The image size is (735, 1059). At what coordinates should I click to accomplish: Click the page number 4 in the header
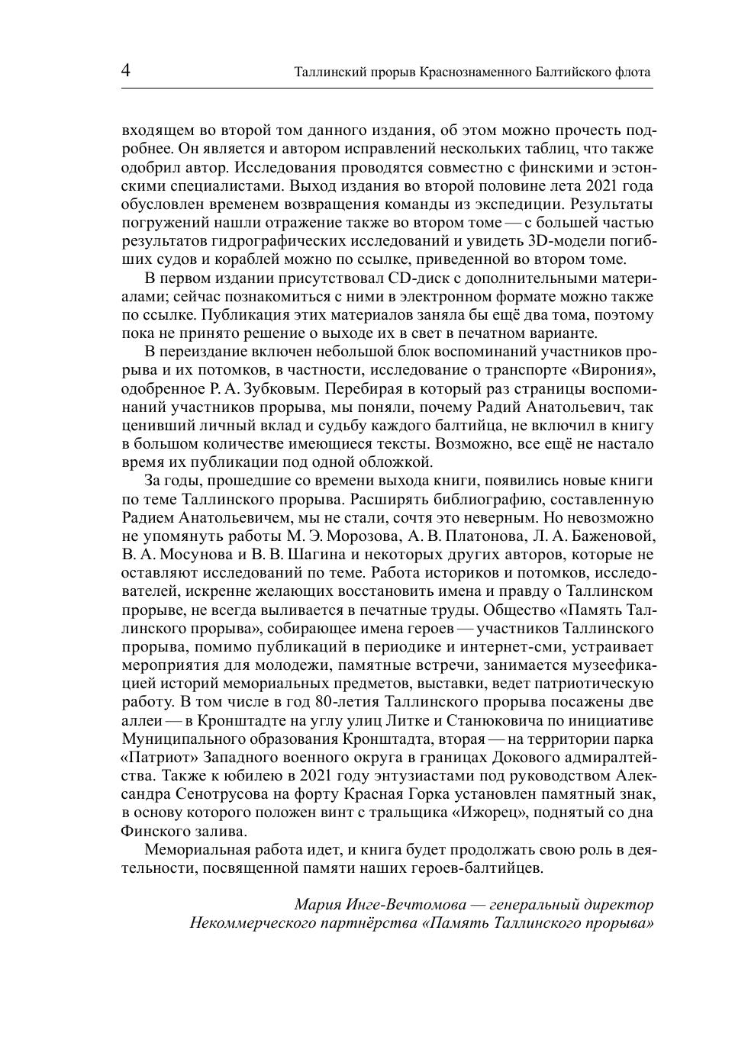(126, 71)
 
